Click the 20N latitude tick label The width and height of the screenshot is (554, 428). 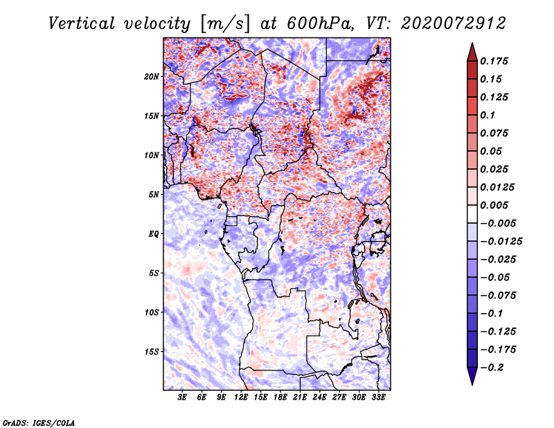point(152,76)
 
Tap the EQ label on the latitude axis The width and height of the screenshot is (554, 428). point(154,234)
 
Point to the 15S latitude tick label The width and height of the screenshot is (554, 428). point(152,352)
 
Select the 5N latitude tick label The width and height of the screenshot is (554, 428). point(154,195)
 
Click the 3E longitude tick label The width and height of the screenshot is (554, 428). point(182,398)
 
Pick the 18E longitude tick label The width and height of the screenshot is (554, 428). point(280,398)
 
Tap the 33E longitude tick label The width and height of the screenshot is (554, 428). point(378,398)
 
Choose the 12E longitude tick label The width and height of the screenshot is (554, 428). point(241,398)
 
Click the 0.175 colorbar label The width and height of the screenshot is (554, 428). point(494,61)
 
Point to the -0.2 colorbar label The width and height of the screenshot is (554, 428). point(492,368)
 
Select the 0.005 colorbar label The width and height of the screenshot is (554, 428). point(494,205)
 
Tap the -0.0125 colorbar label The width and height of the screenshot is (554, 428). point(501,242)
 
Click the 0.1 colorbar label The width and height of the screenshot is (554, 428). point(488,115)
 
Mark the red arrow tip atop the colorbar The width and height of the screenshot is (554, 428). point(472,43)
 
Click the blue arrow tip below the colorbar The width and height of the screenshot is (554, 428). point(472,384)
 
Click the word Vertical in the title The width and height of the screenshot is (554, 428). point(82,24)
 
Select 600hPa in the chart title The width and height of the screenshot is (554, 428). point(320,24)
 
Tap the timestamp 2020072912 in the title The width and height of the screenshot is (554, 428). point(454,24)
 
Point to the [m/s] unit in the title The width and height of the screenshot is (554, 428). point(224,24)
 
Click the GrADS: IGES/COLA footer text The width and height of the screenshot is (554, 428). point(39,422)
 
